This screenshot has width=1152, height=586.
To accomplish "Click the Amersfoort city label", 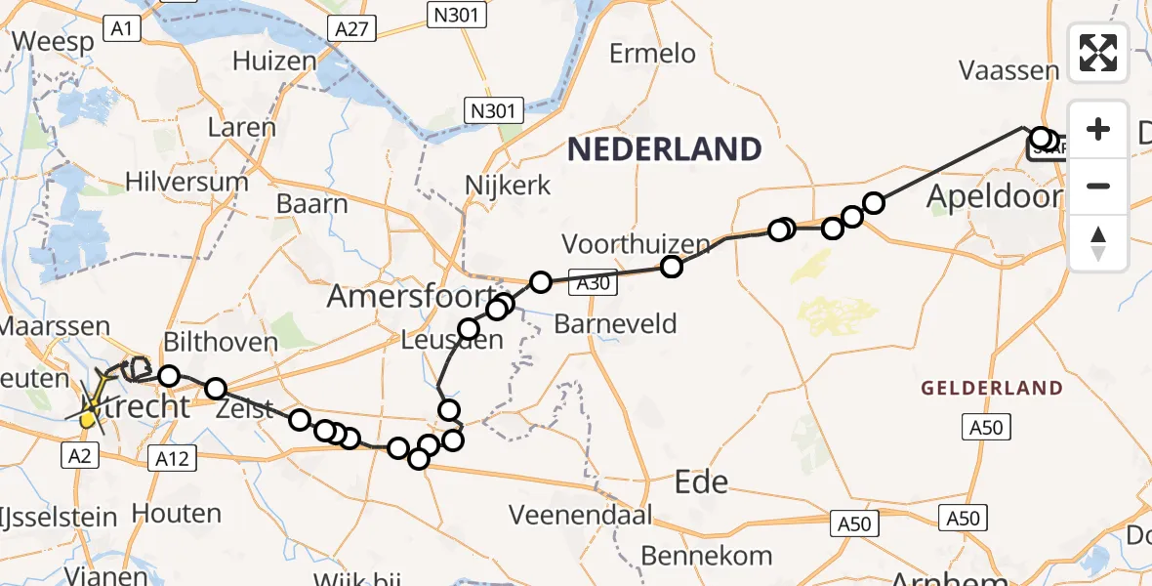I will (x=394, y=296).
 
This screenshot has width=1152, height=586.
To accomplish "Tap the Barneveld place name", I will (x=616, y=323).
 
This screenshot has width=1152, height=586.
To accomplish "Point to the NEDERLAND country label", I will (x=665, y=149).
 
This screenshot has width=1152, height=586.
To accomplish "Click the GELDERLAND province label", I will (x=993, y=388).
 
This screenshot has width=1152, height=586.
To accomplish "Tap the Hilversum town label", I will (x=186, y=182).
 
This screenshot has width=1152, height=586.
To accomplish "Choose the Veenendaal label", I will (x=582, y=515).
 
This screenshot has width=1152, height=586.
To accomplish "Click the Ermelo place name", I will (x=653, y=53).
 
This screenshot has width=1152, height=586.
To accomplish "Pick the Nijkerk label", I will (x=508, y=185).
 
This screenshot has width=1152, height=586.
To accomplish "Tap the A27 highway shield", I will (x=350, y=29).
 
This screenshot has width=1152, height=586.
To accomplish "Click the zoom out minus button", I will (x=1098, y=186).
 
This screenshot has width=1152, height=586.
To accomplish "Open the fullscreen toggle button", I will (x=1098, y=53).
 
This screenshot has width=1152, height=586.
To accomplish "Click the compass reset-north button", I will (x=1098, y=242).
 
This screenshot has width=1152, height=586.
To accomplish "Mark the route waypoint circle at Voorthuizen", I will (x=671, y=267).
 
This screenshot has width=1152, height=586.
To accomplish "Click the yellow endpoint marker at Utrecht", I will (x=87, y=419).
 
